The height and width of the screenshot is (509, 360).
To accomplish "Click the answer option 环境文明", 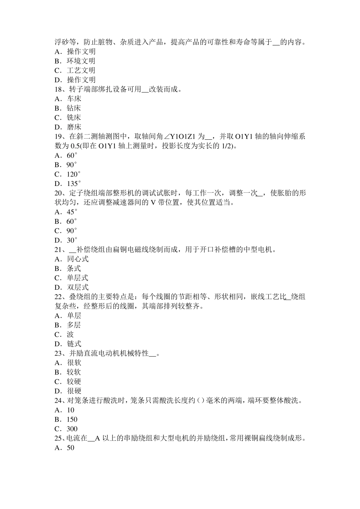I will [x=81, y=61].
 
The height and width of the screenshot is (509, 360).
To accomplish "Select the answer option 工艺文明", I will [x=81, y=70].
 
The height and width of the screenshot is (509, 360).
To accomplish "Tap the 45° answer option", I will [x=72, y=212].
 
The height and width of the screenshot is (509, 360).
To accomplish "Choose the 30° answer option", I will [x=72, y=240].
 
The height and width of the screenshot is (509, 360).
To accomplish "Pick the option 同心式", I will [x=78, y=259].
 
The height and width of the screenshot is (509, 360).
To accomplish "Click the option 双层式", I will [x=78, y=287].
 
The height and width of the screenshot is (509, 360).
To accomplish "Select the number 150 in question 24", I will [x=72, y=420].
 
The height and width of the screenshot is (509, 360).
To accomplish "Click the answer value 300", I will [x=72, y=429].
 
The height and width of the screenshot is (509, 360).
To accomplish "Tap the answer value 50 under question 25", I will [x=70, y=448].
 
